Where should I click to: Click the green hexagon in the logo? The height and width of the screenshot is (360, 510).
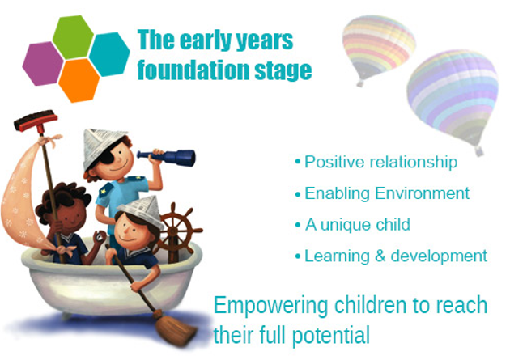tap(73, 37)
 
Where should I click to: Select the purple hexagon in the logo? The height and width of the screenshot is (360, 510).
tap(43, 64)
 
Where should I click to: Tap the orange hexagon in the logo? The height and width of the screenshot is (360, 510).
tap(79, 81)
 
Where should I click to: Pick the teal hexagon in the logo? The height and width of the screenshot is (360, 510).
tap(109, 54)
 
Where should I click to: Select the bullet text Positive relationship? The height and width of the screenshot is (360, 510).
tap(380, 162)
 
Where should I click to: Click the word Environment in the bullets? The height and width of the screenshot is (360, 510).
tap(423, 193)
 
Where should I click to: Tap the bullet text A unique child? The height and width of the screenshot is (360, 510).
tap(358, 225)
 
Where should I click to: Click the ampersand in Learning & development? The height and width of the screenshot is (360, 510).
tap(380, 256)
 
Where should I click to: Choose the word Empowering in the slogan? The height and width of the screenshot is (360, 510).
tap(270, 307)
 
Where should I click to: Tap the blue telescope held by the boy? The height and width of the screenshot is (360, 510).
tap(167, 157)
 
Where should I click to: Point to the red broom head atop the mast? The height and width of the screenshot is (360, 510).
tap(36, 121)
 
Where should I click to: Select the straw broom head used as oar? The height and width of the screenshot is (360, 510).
tap(175, 329)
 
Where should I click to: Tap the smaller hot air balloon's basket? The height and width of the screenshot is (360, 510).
tap(359, 83)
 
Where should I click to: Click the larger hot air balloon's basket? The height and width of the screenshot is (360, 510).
tap(478, 150)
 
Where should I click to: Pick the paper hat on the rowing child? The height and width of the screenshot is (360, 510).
tap(142, 210)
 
